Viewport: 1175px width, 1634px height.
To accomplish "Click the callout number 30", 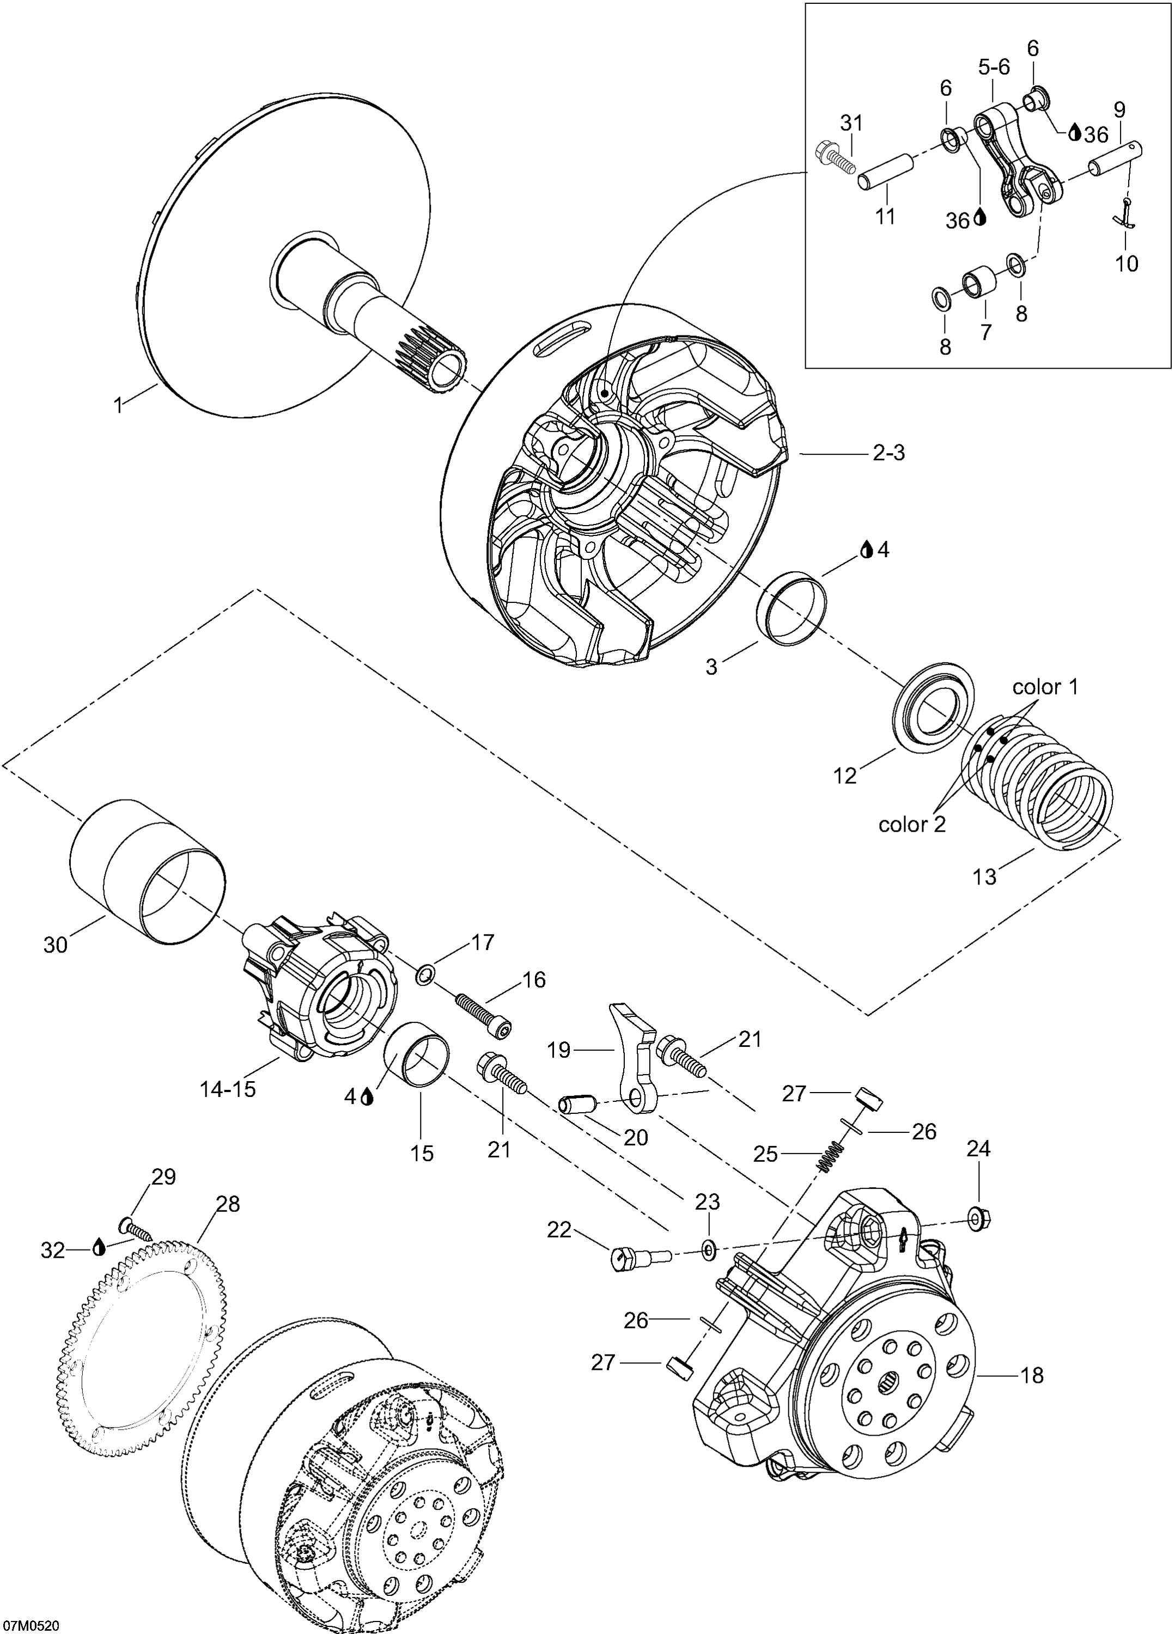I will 56,944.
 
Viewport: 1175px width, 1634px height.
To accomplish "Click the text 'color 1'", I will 1045,687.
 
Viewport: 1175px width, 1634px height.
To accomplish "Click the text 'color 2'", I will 911,824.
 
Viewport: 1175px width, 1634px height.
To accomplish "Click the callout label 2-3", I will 888,453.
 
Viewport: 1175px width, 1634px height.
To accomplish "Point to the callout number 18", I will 1032,1375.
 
